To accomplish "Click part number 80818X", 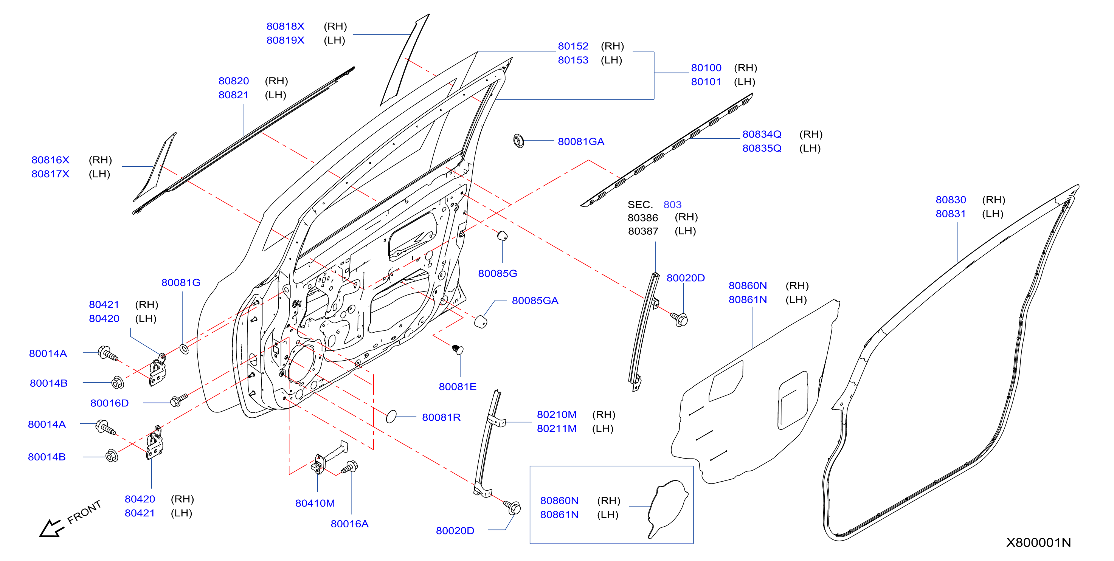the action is click(x=285, y=26).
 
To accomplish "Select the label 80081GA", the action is click(x=580, y=141).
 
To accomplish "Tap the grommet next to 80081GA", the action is click(x=518, y=141).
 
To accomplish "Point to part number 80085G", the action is click(x=497, y=273).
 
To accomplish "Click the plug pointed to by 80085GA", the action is click(x=481, y=322).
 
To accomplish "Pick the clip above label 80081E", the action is click(x=458, y=349).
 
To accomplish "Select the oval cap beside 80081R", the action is click(x=391, y=416).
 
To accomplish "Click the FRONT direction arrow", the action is click(x=51, y=528).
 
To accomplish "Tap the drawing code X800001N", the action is click(x=1038, y=542).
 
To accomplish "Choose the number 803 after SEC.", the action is click(x=672, y=205).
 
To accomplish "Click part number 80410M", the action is click(x=315, y=503).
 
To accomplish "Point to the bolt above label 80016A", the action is click(x=349, y=467).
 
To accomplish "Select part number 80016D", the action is click(x=109, y=403).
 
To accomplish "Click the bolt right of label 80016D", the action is click(x=178, y=400).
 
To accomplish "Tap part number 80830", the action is click(x=951, y=200).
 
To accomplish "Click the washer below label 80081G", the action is click(x=184, y=349).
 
